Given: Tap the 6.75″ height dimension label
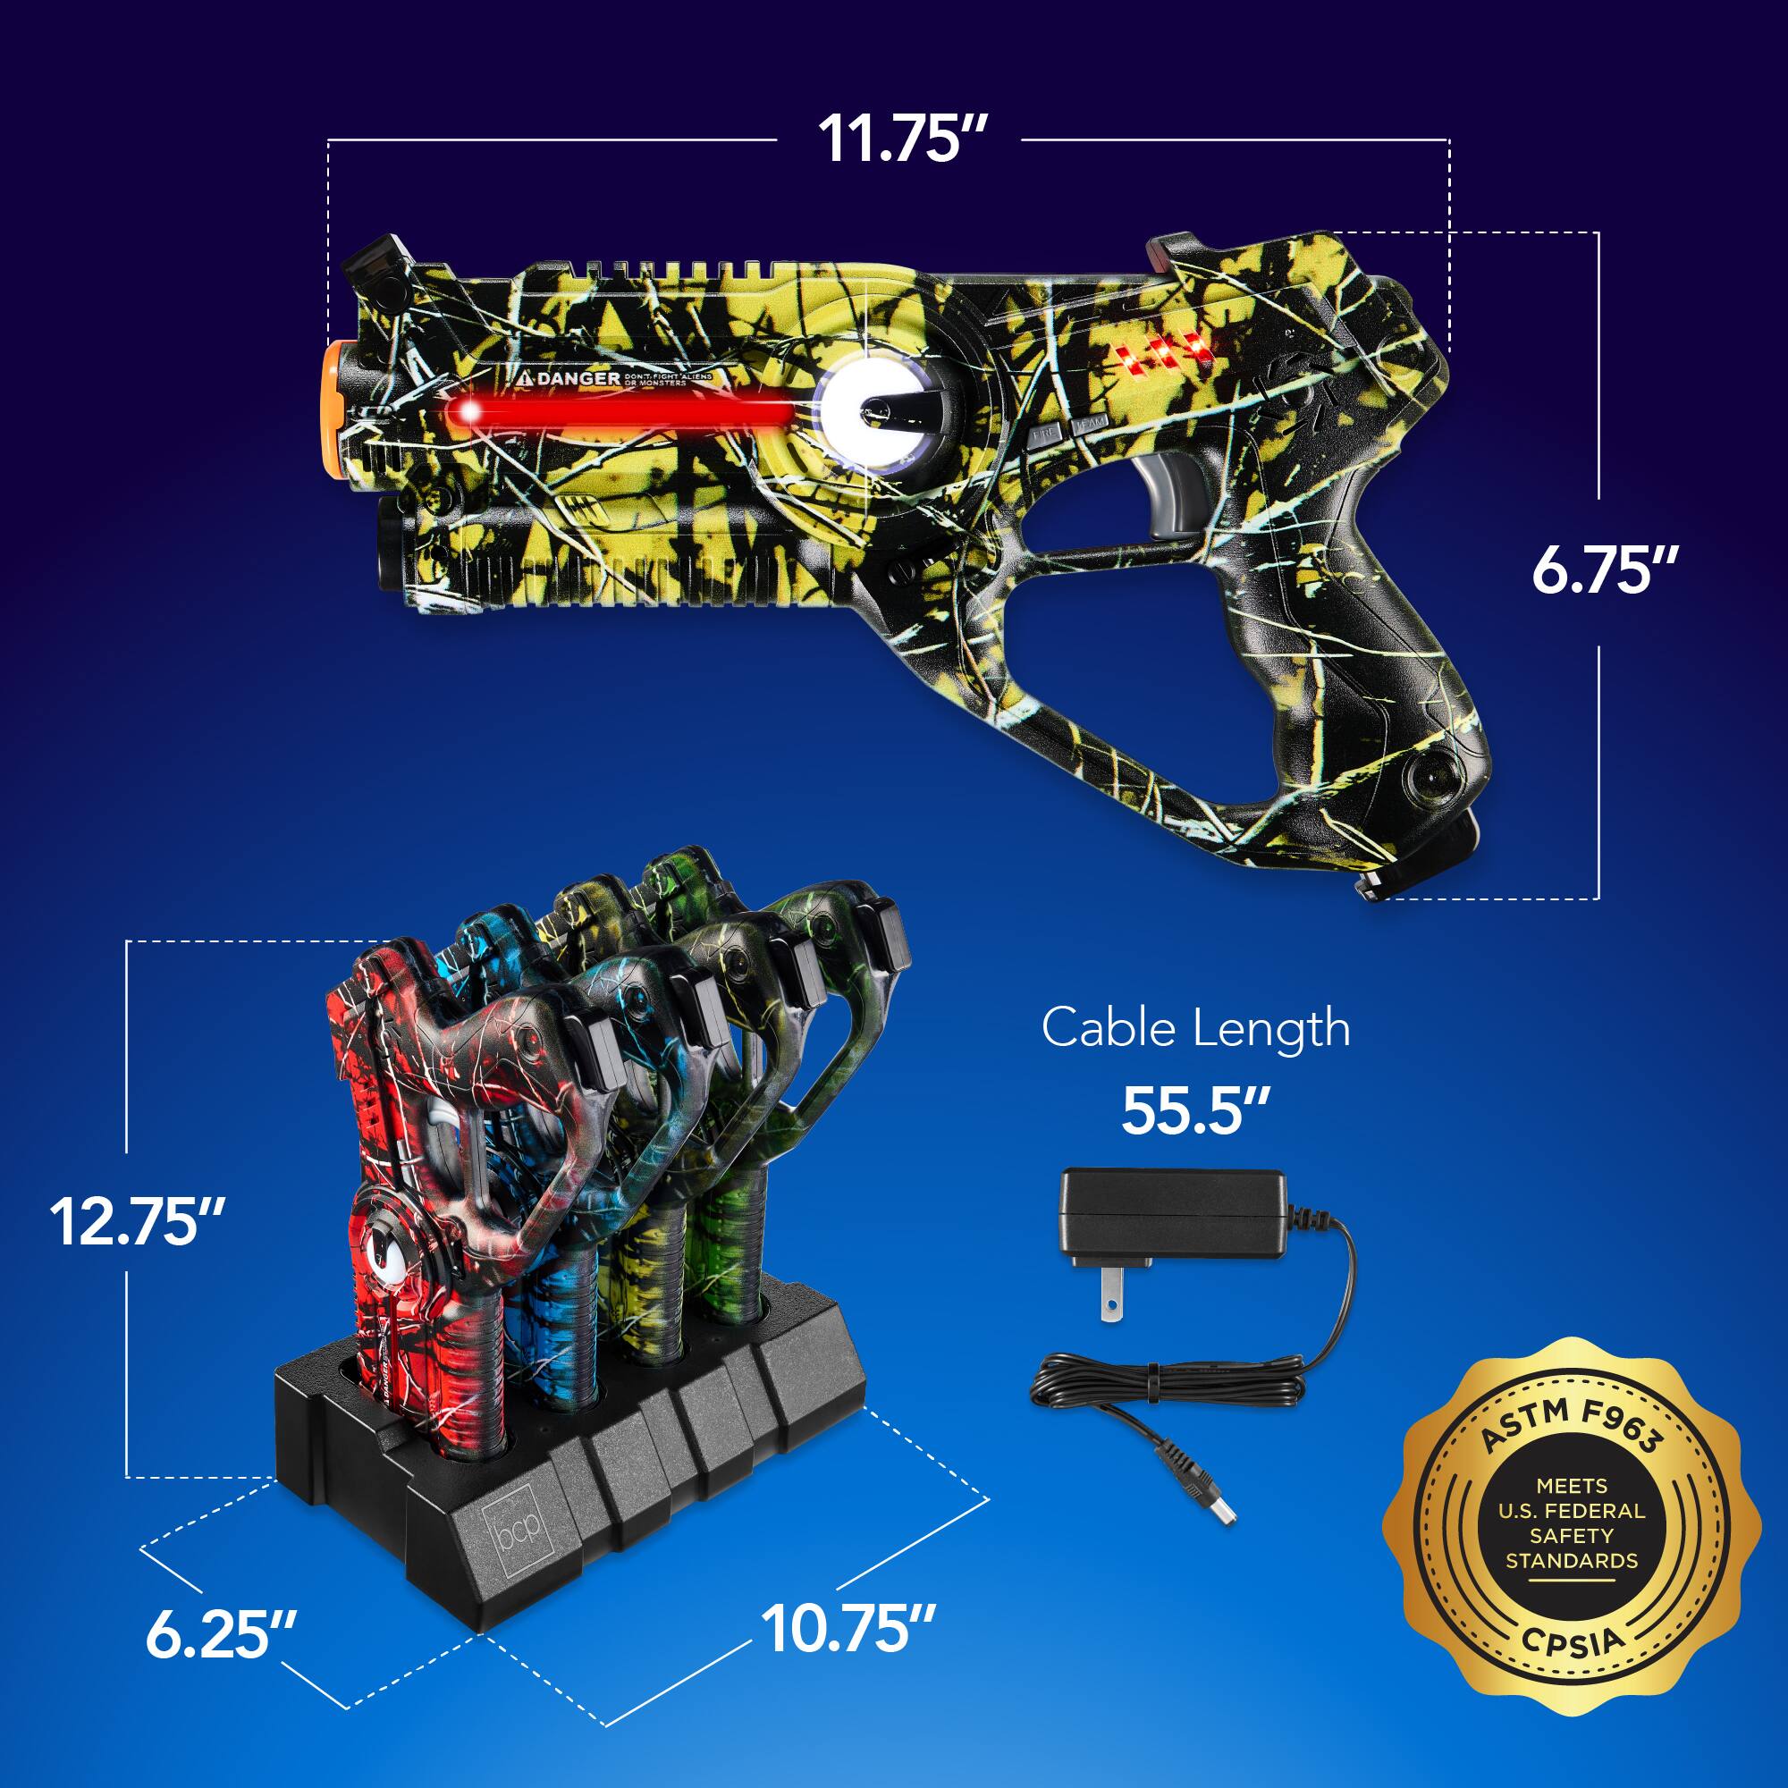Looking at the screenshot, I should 1604,570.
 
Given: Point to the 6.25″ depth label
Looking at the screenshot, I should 221,1635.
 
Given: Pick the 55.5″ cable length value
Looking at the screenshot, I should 1193,1109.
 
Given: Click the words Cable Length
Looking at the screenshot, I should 1194,1028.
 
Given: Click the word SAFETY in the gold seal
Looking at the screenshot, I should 1572,1535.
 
